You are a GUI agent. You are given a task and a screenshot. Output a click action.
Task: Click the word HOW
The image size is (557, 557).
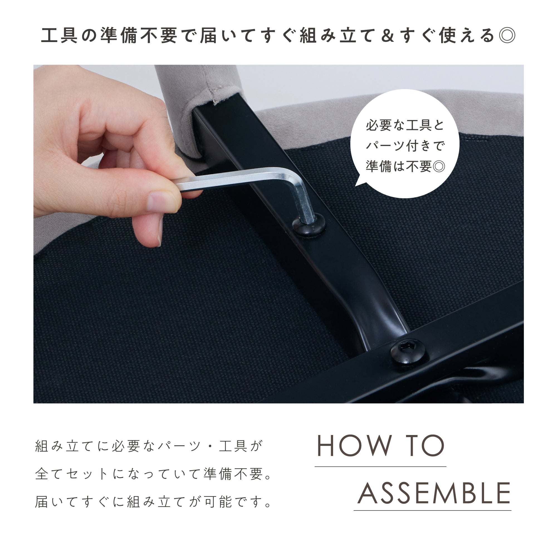coord(355,446)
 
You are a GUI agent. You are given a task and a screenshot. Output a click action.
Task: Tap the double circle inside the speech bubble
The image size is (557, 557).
coord(439,167)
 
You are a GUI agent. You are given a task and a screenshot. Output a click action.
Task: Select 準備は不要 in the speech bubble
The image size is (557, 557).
coord(399,167)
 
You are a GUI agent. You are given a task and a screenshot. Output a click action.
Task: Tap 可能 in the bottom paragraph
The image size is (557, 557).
coord(218,502)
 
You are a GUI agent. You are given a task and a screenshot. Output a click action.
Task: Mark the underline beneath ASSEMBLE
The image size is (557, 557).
coord(433,510)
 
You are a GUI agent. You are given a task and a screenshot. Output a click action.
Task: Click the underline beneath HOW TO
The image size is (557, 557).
coord(380,466)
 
